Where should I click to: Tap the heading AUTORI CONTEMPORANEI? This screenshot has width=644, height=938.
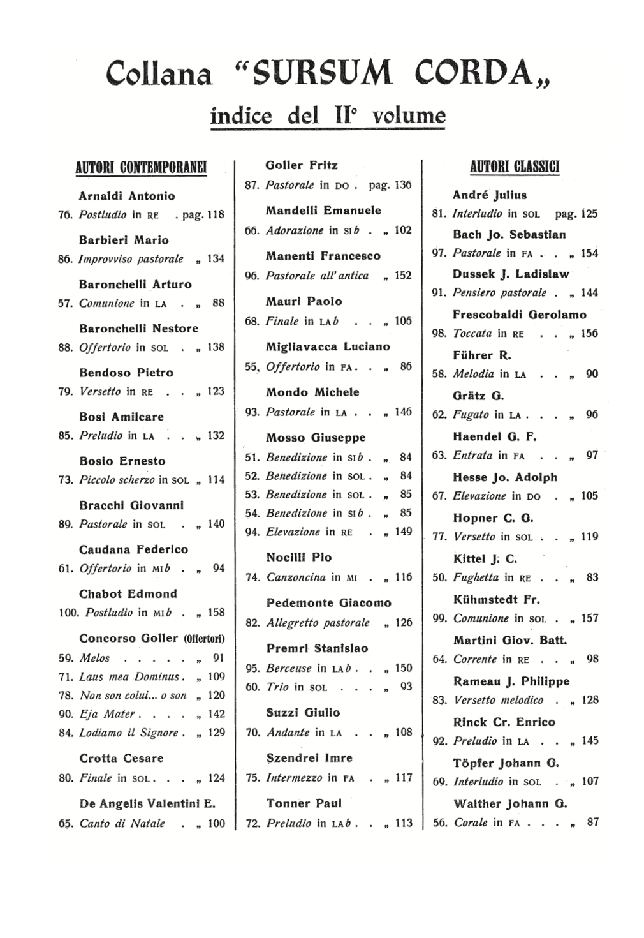pyautogui.click(x=142, y=168)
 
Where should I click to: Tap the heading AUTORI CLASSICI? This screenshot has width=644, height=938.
pyautogui.click(x=515, y=167)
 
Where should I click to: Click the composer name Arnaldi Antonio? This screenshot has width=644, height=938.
pyautogui.click(x=127, y=196)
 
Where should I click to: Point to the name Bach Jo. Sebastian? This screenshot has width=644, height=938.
pyautogui.click(x=509, y=234)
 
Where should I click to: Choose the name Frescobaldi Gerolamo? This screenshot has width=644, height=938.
pyautogui.click(x=519, y=315)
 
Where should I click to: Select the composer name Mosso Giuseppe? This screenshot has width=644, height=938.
pyautogui.click(x=316, y=438)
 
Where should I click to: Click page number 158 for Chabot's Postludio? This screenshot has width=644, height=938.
pyautogui.click(x=216, y=613)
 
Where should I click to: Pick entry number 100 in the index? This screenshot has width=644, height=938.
pyautogui.click(x=68, y=613)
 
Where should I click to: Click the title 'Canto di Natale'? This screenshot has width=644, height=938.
pyautogui.click(x=122, y=824)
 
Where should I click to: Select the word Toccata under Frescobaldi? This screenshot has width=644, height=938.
pyautogui.click(x=472, y=334)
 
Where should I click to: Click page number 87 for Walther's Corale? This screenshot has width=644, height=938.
pyautogui.click(x=592, y=822)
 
